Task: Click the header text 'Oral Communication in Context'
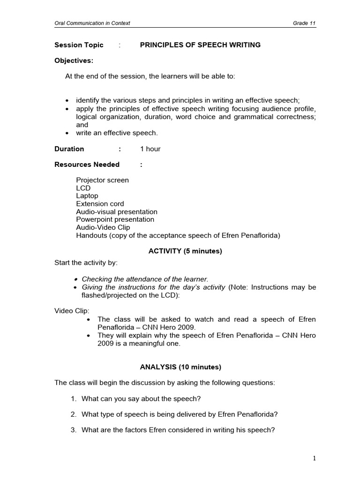click(92, 23)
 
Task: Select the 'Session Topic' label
click(79, 45)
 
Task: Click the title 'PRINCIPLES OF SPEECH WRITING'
click(200, 45)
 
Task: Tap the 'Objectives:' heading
click(74, 60)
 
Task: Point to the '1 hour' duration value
click(150, 149)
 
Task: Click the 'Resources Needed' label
click(87, 165)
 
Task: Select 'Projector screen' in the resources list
click(102, 180)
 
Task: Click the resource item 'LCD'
click(83, 188)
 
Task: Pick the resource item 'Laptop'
click(87, 196)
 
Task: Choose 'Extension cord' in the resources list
click(100, 204)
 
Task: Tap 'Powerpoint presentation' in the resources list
click(115, 219)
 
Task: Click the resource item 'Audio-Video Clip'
click(103, 227)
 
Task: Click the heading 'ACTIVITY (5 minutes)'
click(185, 251)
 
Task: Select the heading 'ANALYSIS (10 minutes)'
click(185, 367)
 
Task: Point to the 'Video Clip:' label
click(72, 311)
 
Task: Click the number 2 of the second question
click(73, 414)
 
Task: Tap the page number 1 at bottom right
click(315, 459)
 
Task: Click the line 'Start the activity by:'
click(86, 262)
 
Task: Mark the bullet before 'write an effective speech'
click(67, 133)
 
